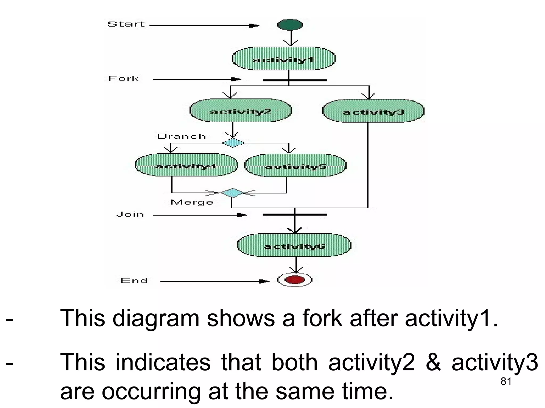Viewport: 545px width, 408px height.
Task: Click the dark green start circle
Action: [290, 25]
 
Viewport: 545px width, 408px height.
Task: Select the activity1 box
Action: [284, 59]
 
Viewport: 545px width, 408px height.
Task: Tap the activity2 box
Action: [241, 110]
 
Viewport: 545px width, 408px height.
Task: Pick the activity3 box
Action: [373, 111]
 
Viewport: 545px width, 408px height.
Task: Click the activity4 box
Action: [186, 165]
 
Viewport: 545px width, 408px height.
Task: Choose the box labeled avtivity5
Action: [295, 166]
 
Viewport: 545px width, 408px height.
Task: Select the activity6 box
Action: [294, 245]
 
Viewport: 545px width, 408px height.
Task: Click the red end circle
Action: [295, 280]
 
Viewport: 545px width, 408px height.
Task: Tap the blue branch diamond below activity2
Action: [233, 143]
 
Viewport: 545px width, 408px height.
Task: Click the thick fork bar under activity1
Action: [295, 80]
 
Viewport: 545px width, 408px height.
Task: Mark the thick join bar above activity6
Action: [295, 214]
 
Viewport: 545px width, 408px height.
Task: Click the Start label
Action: [126, 24]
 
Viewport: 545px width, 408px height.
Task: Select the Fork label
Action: [123, 79]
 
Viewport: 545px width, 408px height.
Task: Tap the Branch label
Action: [181, 137]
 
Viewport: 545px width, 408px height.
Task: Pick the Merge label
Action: [192, 202]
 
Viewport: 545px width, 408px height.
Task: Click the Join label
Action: [130, 214]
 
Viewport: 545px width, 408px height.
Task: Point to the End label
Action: [134, 281]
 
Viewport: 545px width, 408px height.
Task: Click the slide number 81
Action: [506, 381]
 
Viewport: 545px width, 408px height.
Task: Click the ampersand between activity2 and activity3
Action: [433, 362]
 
